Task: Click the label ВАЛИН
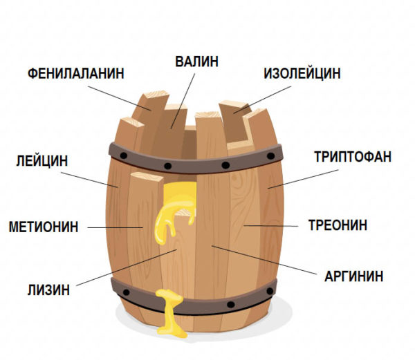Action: point(196,61)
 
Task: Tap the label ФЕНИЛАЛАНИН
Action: point(76,73)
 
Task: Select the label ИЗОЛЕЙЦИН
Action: point(302,73)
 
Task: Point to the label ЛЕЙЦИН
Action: point(42,160)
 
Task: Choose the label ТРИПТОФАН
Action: point(353,156)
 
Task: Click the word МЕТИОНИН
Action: point(44,227)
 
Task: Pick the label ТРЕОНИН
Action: point(338,225)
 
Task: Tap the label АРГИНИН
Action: point(354,276)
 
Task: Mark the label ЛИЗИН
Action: point(48,290)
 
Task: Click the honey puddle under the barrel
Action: point(172,330)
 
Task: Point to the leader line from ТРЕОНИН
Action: point(270,226)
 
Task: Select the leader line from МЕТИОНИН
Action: point(116,227)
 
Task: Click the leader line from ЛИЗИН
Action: point(127,267)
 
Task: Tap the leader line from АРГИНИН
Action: point(264,260)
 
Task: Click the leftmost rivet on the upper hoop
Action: point(123,155)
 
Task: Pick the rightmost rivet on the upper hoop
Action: point(270,156)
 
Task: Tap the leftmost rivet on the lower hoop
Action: point(127,292)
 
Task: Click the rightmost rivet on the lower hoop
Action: point(270,292)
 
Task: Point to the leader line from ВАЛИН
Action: point(183,101)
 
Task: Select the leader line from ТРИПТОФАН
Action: point(303,179)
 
